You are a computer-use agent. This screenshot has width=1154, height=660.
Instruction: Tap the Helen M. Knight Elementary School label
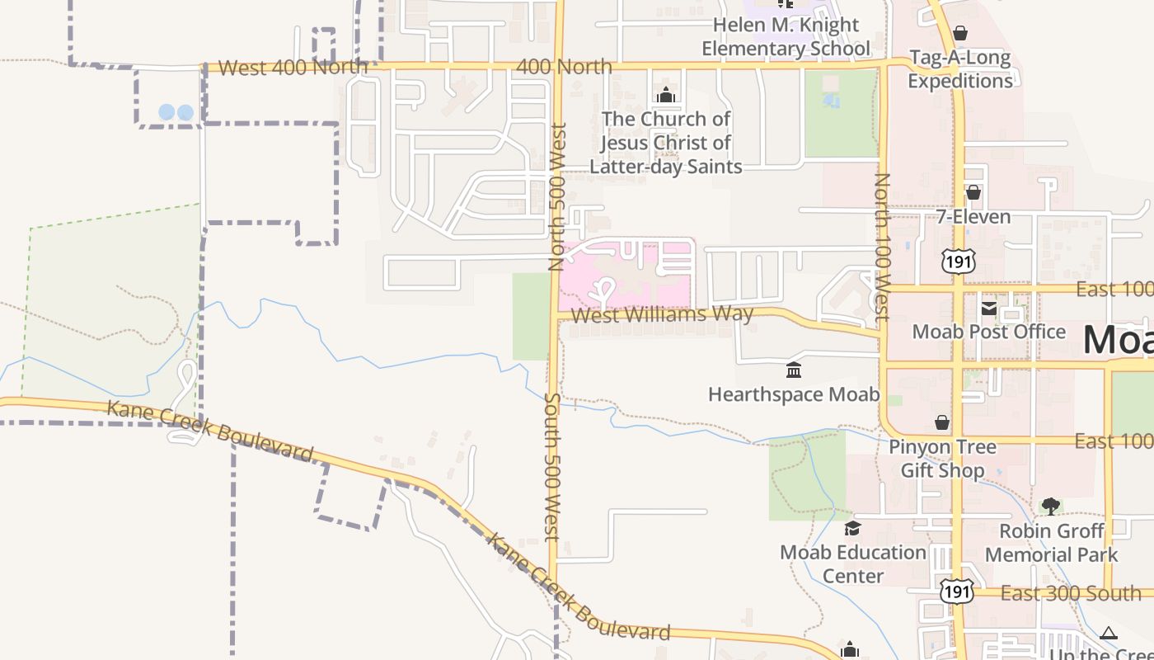[x=786, y=37]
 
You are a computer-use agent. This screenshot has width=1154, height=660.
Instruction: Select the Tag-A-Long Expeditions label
[x=960, y=69]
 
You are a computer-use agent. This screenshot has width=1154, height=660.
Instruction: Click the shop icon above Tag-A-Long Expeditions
[x=959, y=33]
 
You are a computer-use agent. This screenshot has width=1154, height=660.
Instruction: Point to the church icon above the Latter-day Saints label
[x=666, y=96]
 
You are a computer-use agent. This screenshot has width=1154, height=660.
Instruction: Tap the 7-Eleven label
[x=973, y=217]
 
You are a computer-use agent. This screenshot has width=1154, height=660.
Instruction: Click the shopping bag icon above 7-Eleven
[x=973, y=192]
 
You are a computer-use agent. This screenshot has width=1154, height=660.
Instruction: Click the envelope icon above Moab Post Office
[x=988, y=309]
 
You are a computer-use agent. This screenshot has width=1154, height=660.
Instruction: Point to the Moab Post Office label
[x=988, y=332]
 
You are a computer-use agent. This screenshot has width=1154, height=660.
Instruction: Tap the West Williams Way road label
[x=662, y=314]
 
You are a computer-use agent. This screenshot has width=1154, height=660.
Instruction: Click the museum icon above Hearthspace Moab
[x=794, y=370]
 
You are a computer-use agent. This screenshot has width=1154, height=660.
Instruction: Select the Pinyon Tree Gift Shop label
[x=942, y=459]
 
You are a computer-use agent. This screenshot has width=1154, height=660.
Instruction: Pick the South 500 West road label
[x=552, y=466]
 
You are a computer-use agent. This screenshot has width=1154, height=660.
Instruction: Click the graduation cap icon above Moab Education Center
[x=852, y=527]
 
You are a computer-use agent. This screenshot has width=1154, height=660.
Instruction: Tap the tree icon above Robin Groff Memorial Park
[x=1051, y=506]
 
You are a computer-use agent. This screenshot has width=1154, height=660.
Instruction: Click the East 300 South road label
[x=1071, y=593]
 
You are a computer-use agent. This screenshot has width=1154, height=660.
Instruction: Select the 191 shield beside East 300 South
[x=957, y=592]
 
